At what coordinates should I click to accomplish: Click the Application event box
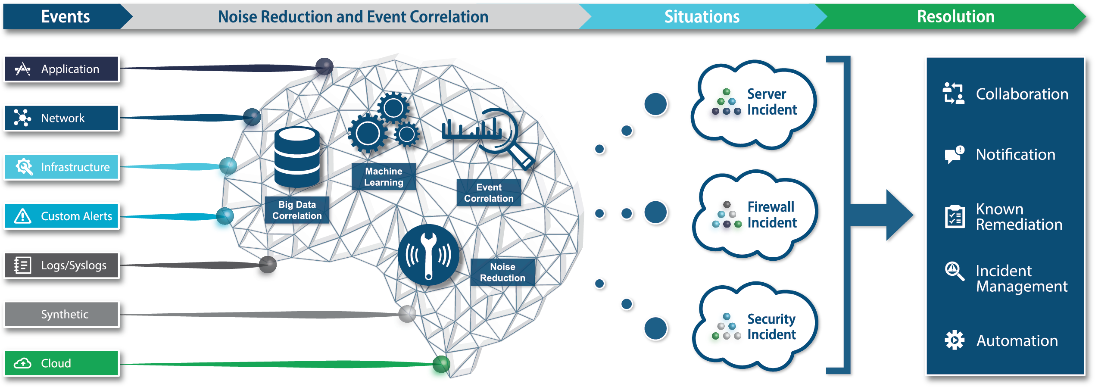tap(61, 69)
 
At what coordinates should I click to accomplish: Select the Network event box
tap(61, 118)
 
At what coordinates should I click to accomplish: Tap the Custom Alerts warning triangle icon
tap(22, 216)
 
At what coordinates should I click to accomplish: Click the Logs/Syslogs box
tap(61, 265)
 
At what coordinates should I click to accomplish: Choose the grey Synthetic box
tap(61, 315)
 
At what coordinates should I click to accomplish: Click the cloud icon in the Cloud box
tap(22, 364)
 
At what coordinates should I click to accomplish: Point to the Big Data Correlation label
tap(297, 210)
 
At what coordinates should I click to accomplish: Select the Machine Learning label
tap(384, 177)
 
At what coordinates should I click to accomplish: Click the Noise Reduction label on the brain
tap(502, 272)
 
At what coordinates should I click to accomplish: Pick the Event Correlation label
tap(489, 193)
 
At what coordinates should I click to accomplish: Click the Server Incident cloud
tap(754, 103)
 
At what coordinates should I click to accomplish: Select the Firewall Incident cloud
tap(754, 215)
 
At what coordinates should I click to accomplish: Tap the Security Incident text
tap(771, 327)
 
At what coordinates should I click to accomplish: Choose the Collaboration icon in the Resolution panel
tap(953, 94)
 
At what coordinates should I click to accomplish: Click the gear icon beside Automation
tap(954, 340)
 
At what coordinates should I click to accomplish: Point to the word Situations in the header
tap(702, 17)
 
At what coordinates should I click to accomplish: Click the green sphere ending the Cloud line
tap(440, 365)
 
